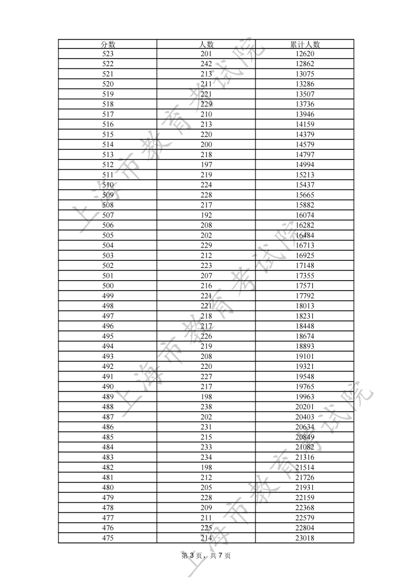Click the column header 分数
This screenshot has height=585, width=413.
click(x=108, y=44)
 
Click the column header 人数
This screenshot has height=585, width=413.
click(x=206, y=44)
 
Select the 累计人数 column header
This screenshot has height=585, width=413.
click(x=305, y=44)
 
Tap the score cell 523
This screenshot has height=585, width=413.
click(x=108, y=54)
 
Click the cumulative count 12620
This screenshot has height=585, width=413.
click(x=305, y=54)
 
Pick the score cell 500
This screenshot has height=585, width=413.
click(x=108, y=286)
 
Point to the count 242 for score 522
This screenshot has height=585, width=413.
click(x=206, y=64)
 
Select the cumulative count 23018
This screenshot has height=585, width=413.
click(x=305, y=538)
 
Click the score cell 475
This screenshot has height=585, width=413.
click(x=108, y=538)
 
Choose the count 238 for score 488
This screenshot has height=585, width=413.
click(x=206, y=407)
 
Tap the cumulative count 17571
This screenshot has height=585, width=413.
click(x=305, y=286)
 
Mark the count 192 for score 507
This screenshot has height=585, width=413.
click(x=206, y=215)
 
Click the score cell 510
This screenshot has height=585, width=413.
click(x=108, y=185)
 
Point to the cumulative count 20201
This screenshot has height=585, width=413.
click(x=305, y=407)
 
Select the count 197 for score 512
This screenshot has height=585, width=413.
click(x=206, y=165)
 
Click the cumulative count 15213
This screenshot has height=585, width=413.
click(x=305, y=175)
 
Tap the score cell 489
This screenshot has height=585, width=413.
click(x=108, y=396)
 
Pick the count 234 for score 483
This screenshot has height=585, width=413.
click(x=206, y=457)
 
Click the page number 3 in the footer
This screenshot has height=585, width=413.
click(x=192, y=556)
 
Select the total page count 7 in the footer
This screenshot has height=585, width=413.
click(x=220, y=556)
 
